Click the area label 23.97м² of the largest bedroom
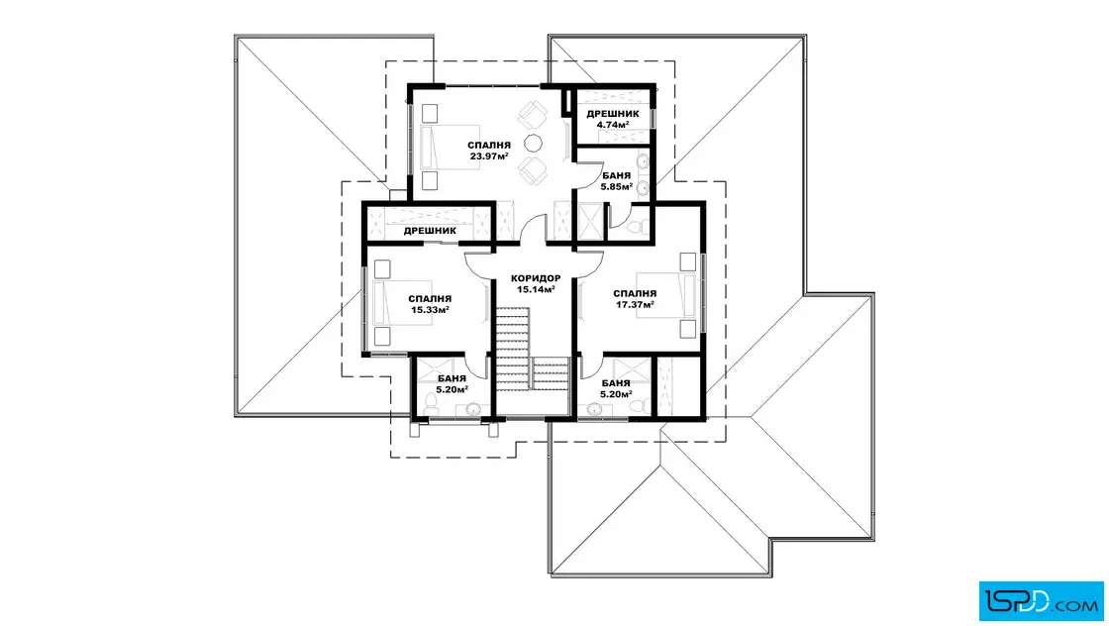pos(489,156)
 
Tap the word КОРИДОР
pos(536,278)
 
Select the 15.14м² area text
pos(536,289)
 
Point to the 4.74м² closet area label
pos(613,125)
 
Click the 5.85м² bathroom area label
pos(616,187)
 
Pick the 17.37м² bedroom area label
pos(635,304)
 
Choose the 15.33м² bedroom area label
pos(430,310)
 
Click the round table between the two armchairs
pos(533,144)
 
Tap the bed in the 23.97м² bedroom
pos(440,148)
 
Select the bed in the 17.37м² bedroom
pos(665,295)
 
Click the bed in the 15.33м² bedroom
pos(392,303)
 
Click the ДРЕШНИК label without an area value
pos(430,231)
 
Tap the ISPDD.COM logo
pos(1041,601)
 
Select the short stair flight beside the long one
pos(551,372)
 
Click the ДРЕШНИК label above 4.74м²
pos(613,114)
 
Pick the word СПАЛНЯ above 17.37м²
pos(635,293)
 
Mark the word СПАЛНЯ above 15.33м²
pos(430,299)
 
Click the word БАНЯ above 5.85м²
pos(616,176)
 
